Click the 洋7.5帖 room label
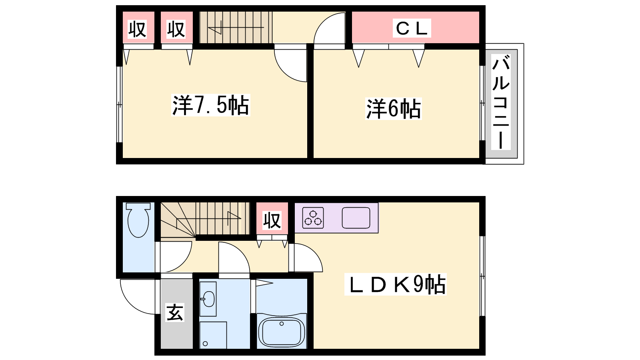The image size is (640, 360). point(210,105)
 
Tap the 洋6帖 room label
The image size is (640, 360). point(394,109)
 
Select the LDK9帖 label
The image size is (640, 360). point(396,284)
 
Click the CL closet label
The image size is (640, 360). point(412,28)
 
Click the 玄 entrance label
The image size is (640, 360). point(175,312)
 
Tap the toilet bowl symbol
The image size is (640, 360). point(138,220)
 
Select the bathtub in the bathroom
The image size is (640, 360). point(282,331)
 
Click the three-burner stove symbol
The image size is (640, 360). point(313,218)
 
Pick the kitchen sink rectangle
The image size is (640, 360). point(356,218)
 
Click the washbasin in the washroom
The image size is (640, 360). point(208,299)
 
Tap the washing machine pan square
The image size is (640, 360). point(213,335)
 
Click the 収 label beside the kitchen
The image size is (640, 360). point(272,220)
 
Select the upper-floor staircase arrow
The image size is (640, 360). point(236,28)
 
